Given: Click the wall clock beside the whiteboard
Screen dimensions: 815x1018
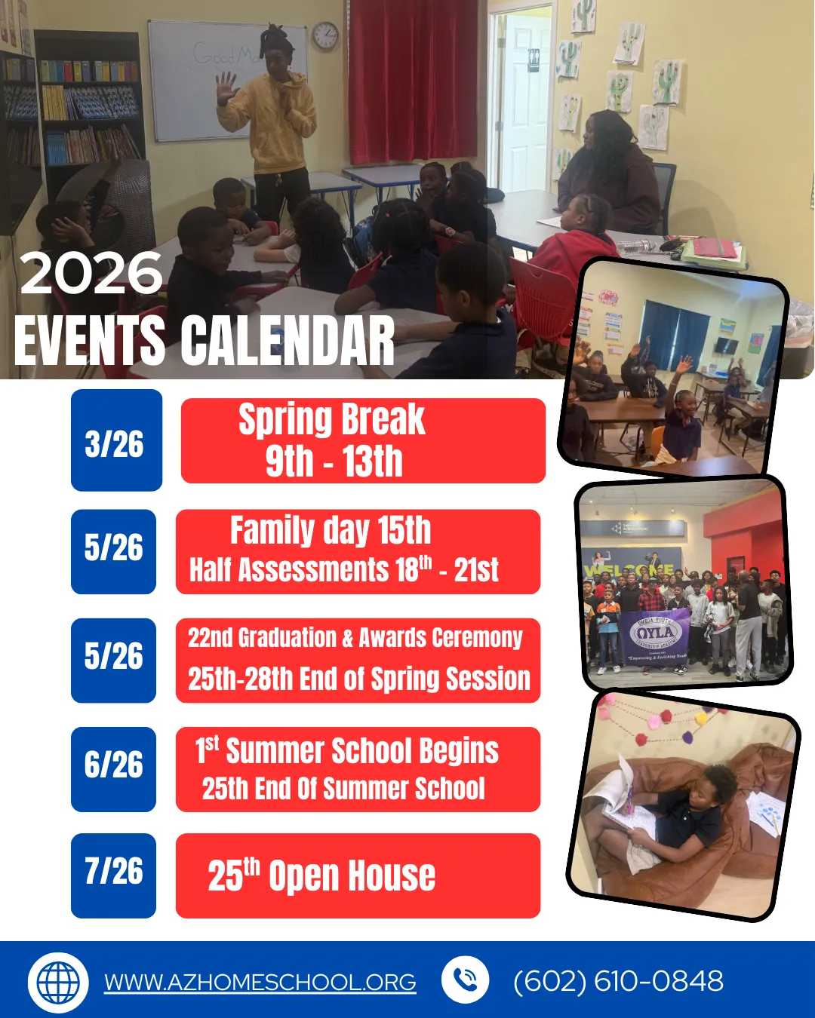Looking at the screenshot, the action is click(325, 35).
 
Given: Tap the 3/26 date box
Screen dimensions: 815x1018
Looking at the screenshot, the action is click(116, 440).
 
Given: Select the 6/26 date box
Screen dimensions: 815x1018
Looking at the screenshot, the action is click(114, 769).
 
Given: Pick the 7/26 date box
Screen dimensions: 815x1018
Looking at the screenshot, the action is click(114, 875).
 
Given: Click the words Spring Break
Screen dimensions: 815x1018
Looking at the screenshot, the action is click(331, 419).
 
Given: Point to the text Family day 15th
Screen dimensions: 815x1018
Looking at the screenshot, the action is click(331, 530).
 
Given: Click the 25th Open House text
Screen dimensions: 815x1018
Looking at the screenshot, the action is click(321, 875).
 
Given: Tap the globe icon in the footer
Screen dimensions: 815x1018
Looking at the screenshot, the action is click(58, 983).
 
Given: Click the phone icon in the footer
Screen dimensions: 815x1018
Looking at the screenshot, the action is click(465, 980).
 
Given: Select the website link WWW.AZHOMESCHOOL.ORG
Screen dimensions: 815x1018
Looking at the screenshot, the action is click(260, 982).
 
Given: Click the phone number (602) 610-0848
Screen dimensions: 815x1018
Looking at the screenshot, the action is click(619, 980).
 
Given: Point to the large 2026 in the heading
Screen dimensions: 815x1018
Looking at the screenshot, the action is click(91, 273).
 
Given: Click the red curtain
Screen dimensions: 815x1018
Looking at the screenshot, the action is click(413, 81).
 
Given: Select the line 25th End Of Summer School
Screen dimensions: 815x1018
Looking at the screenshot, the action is click(343, 788).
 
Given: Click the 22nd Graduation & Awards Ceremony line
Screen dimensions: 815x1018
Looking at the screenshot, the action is click(355, 638).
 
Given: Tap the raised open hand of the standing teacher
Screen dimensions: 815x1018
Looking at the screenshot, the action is click(227, 88).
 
